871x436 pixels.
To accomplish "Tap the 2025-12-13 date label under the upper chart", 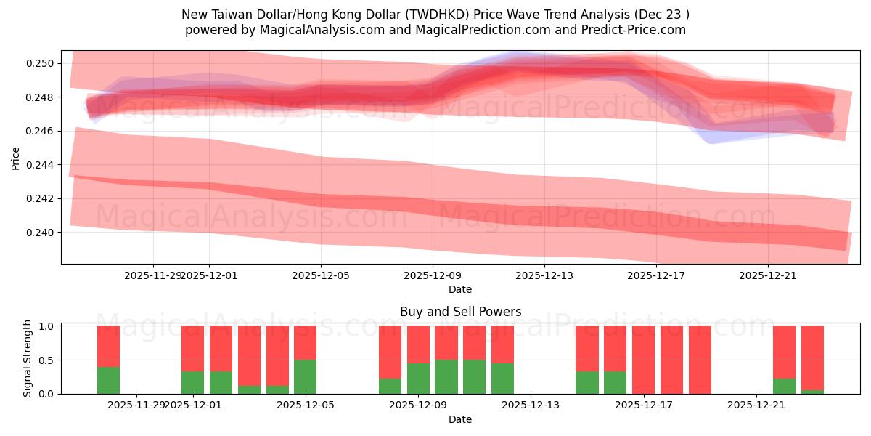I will pos(544,275).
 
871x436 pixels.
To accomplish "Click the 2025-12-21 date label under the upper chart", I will pos(768,275).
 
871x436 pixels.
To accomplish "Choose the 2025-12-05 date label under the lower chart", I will pos(305,405).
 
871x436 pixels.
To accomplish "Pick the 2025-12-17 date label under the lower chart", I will pos(644,405).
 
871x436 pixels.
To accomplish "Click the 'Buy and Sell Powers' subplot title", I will pos(460,312).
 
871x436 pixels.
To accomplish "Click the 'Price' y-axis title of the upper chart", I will pos(16,157).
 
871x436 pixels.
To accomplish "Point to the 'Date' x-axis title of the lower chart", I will pos(460,419).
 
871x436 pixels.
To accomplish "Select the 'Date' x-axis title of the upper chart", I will pos(460,289).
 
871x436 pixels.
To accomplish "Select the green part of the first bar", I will pos(108,380).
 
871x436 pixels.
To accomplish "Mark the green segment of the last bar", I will pos(812,392).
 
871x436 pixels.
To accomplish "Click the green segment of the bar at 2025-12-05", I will pos(305,376).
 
